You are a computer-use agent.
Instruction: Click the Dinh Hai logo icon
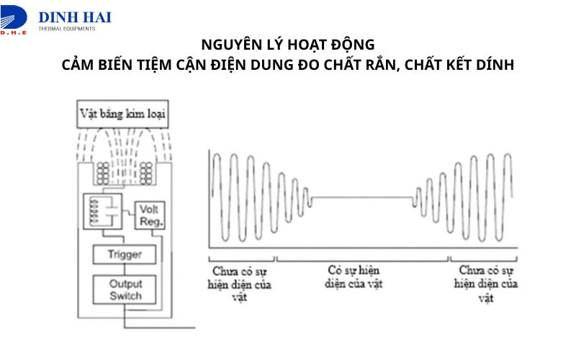pyautogui.click(x=14, y=16)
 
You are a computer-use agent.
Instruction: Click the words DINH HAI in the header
pyautogui.click(x=75, y=16)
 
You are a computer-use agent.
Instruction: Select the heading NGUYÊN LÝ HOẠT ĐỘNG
pyautogui.click(x=287, y=45)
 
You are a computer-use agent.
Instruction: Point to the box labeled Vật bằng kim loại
pyautogui.click(x=124, y=113)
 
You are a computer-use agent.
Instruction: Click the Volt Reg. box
pyautogui.click(x=149, y=215)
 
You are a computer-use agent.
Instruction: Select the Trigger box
pyautogui.click(x=125, y=255)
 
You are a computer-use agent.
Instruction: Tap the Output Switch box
pyautogui.click(x=125, y=289)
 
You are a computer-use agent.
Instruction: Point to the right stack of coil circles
pyautogui.click(x=147, y=173)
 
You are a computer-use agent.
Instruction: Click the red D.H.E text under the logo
pyautogui.click(x=13, y=32)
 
